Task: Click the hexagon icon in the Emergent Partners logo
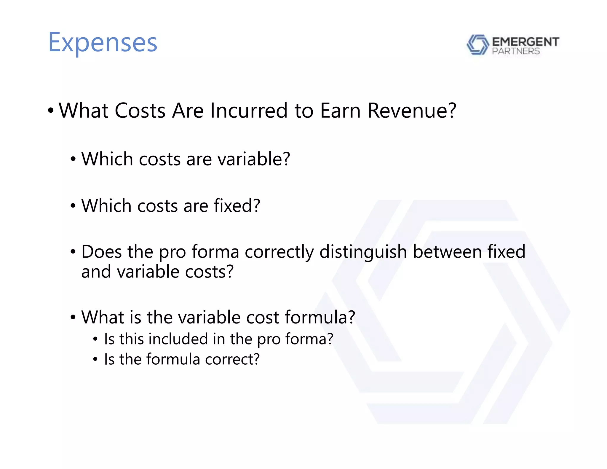477,45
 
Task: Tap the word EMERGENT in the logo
525,42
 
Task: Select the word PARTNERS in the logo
516,51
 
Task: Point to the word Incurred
249,111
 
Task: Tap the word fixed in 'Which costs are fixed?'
237,206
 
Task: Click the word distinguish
363,252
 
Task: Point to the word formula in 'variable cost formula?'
320,317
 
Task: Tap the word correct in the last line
232,359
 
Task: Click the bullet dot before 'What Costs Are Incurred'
51,111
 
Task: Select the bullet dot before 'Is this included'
95,339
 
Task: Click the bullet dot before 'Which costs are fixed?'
73,206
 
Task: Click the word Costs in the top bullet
140,111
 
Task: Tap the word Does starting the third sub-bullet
101,252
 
